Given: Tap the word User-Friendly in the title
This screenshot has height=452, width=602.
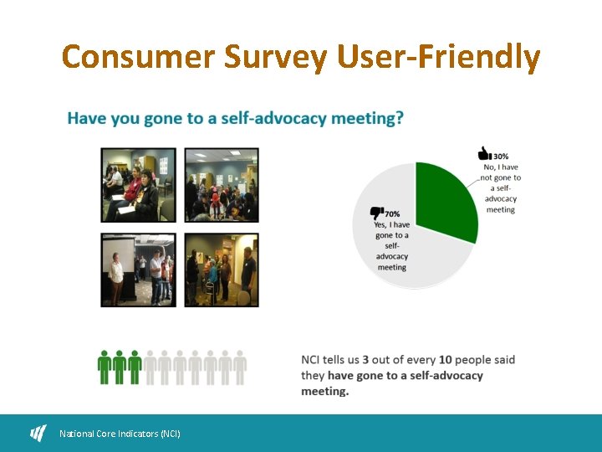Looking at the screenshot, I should click(x=439, y=57).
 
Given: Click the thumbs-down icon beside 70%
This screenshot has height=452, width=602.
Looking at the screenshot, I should click(x=376, y=214).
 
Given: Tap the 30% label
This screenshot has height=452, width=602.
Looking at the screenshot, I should click(x=501, y=156).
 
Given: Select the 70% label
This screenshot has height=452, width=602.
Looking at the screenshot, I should click(x=392, y=214).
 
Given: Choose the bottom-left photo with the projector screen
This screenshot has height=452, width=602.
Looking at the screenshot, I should click(x=138, y=270).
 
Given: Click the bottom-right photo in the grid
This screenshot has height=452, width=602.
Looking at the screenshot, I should click(x=221, y=270).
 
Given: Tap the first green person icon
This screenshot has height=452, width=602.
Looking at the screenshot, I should click(x=105, y=367).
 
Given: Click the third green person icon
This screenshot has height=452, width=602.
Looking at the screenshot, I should click(x=134, y=367).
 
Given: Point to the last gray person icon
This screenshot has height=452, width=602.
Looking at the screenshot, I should click(x=240, y=367).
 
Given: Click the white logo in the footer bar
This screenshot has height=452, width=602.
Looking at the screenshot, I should click(x=38, y=433).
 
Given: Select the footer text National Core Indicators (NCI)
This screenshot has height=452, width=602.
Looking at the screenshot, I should click(x=120, y=434).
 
